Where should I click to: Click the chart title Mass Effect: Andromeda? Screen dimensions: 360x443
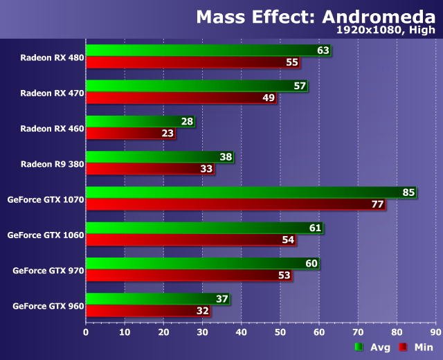pos(315,16)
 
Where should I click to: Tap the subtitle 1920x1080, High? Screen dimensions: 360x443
pos(386,30)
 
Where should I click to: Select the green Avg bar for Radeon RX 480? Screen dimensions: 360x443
pos(201,51)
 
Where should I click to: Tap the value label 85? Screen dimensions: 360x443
pos(408,192)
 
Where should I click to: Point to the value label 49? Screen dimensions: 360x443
pos(269,98)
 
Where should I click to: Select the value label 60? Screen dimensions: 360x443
pos(311,264)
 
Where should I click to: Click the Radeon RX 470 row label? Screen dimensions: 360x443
pos(52,93)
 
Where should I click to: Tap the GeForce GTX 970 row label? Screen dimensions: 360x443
pos(48,271)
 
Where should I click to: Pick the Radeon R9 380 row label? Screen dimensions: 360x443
pos(52,163)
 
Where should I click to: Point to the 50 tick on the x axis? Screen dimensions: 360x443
pos(280,332)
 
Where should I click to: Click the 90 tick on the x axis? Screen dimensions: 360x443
pos(435,332)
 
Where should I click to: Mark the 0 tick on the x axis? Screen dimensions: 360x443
pos(85,332)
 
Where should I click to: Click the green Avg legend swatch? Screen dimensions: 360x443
pos(359,348)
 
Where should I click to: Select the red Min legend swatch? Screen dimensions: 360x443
pos(402,348)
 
